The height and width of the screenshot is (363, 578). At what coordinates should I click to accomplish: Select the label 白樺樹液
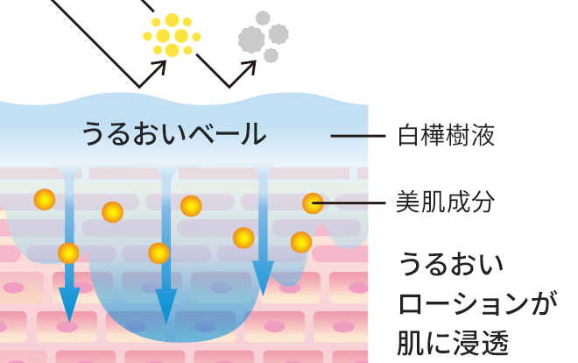[x=447, y=136]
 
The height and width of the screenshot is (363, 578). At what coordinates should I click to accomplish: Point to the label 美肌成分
[x=447, y=203]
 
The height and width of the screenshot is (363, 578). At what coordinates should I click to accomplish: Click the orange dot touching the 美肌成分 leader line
[x=313, y=203]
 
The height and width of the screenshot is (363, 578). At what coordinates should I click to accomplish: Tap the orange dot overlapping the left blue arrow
[x=68, y=253]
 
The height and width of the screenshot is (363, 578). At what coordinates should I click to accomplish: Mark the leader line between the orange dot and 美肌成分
[x=356, y=203]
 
